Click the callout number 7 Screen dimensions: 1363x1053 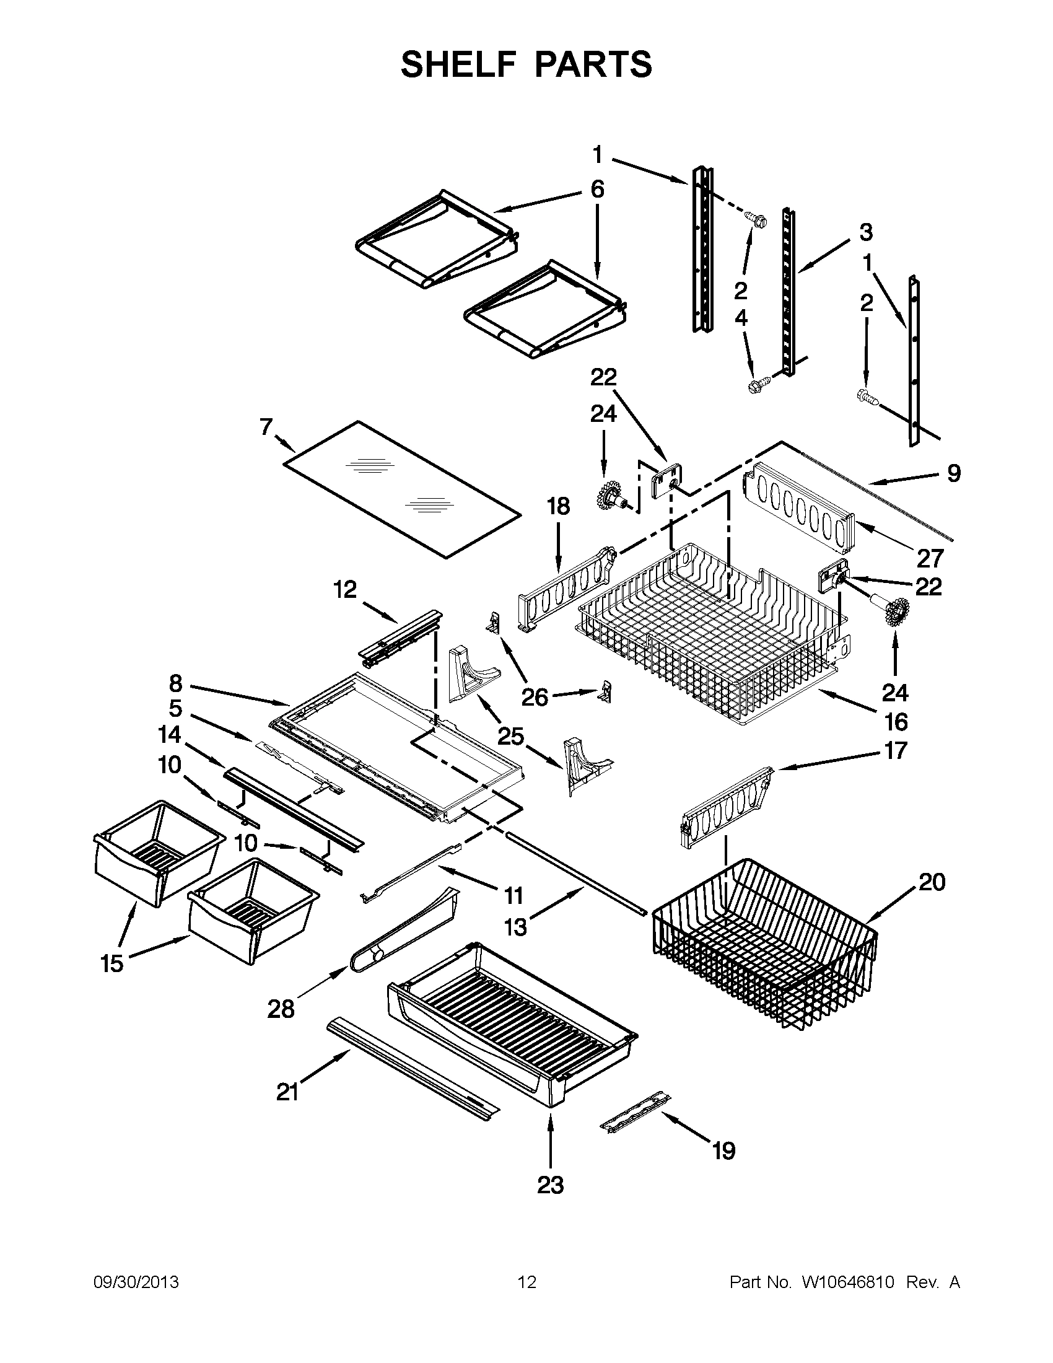click(266, 427)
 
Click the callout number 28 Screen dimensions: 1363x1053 click(281, 1009)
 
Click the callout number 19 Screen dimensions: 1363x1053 click(723, 1151)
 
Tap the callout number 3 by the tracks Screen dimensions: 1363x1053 click(866, 232)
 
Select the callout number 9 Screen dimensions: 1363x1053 click(954, 474)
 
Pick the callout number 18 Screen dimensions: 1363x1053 click(558, 506)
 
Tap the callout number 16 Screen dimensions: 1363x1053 click(896, 722)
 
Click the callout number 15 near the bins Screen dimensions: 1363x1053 click(112, 963)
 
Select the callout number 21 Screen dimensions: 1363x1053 click(287, 1093)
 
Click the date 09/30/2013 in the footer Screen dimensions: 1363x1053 click(136, 1282)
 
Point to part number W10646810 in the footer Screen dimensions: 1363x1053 click(849, 1282)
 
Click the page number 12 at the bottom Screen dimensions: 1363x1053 click(527, 1282)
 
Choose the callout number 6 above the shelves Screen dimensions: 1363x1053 click(597, 188)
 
